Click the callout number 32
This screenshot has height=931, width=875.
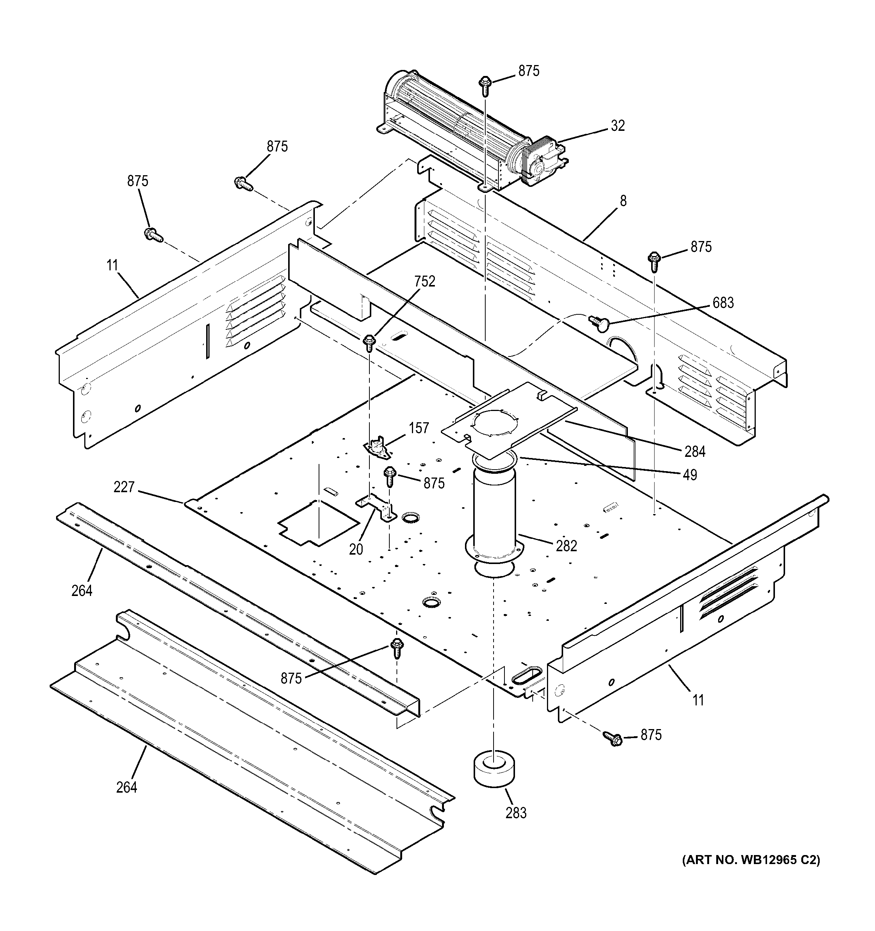pos(618,126)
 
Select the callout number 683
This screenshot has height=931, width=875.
pos(723,303)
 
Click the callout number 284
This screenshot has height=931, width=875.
pos(695,452)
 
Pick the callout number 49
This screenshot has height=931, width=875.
pos(690,475)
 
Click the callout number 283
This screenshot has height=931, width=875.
pos(516,813)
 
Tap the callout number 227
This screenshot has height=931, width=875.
pos(124,488)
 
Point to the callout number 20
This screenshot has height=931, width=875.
pos(356,549)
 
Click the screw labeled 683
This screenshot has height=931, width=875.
pos(596,321)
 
